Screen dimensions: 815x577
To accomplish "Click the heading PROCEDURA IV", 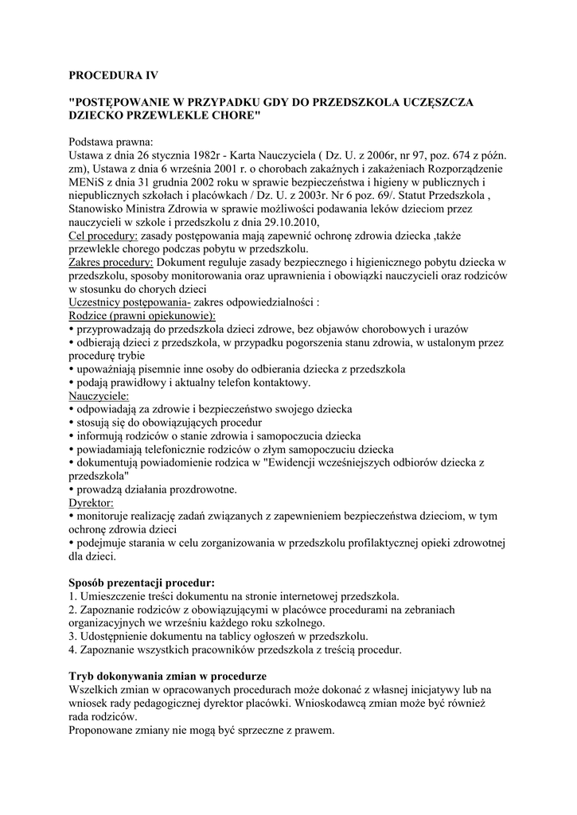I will [114, 76].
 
